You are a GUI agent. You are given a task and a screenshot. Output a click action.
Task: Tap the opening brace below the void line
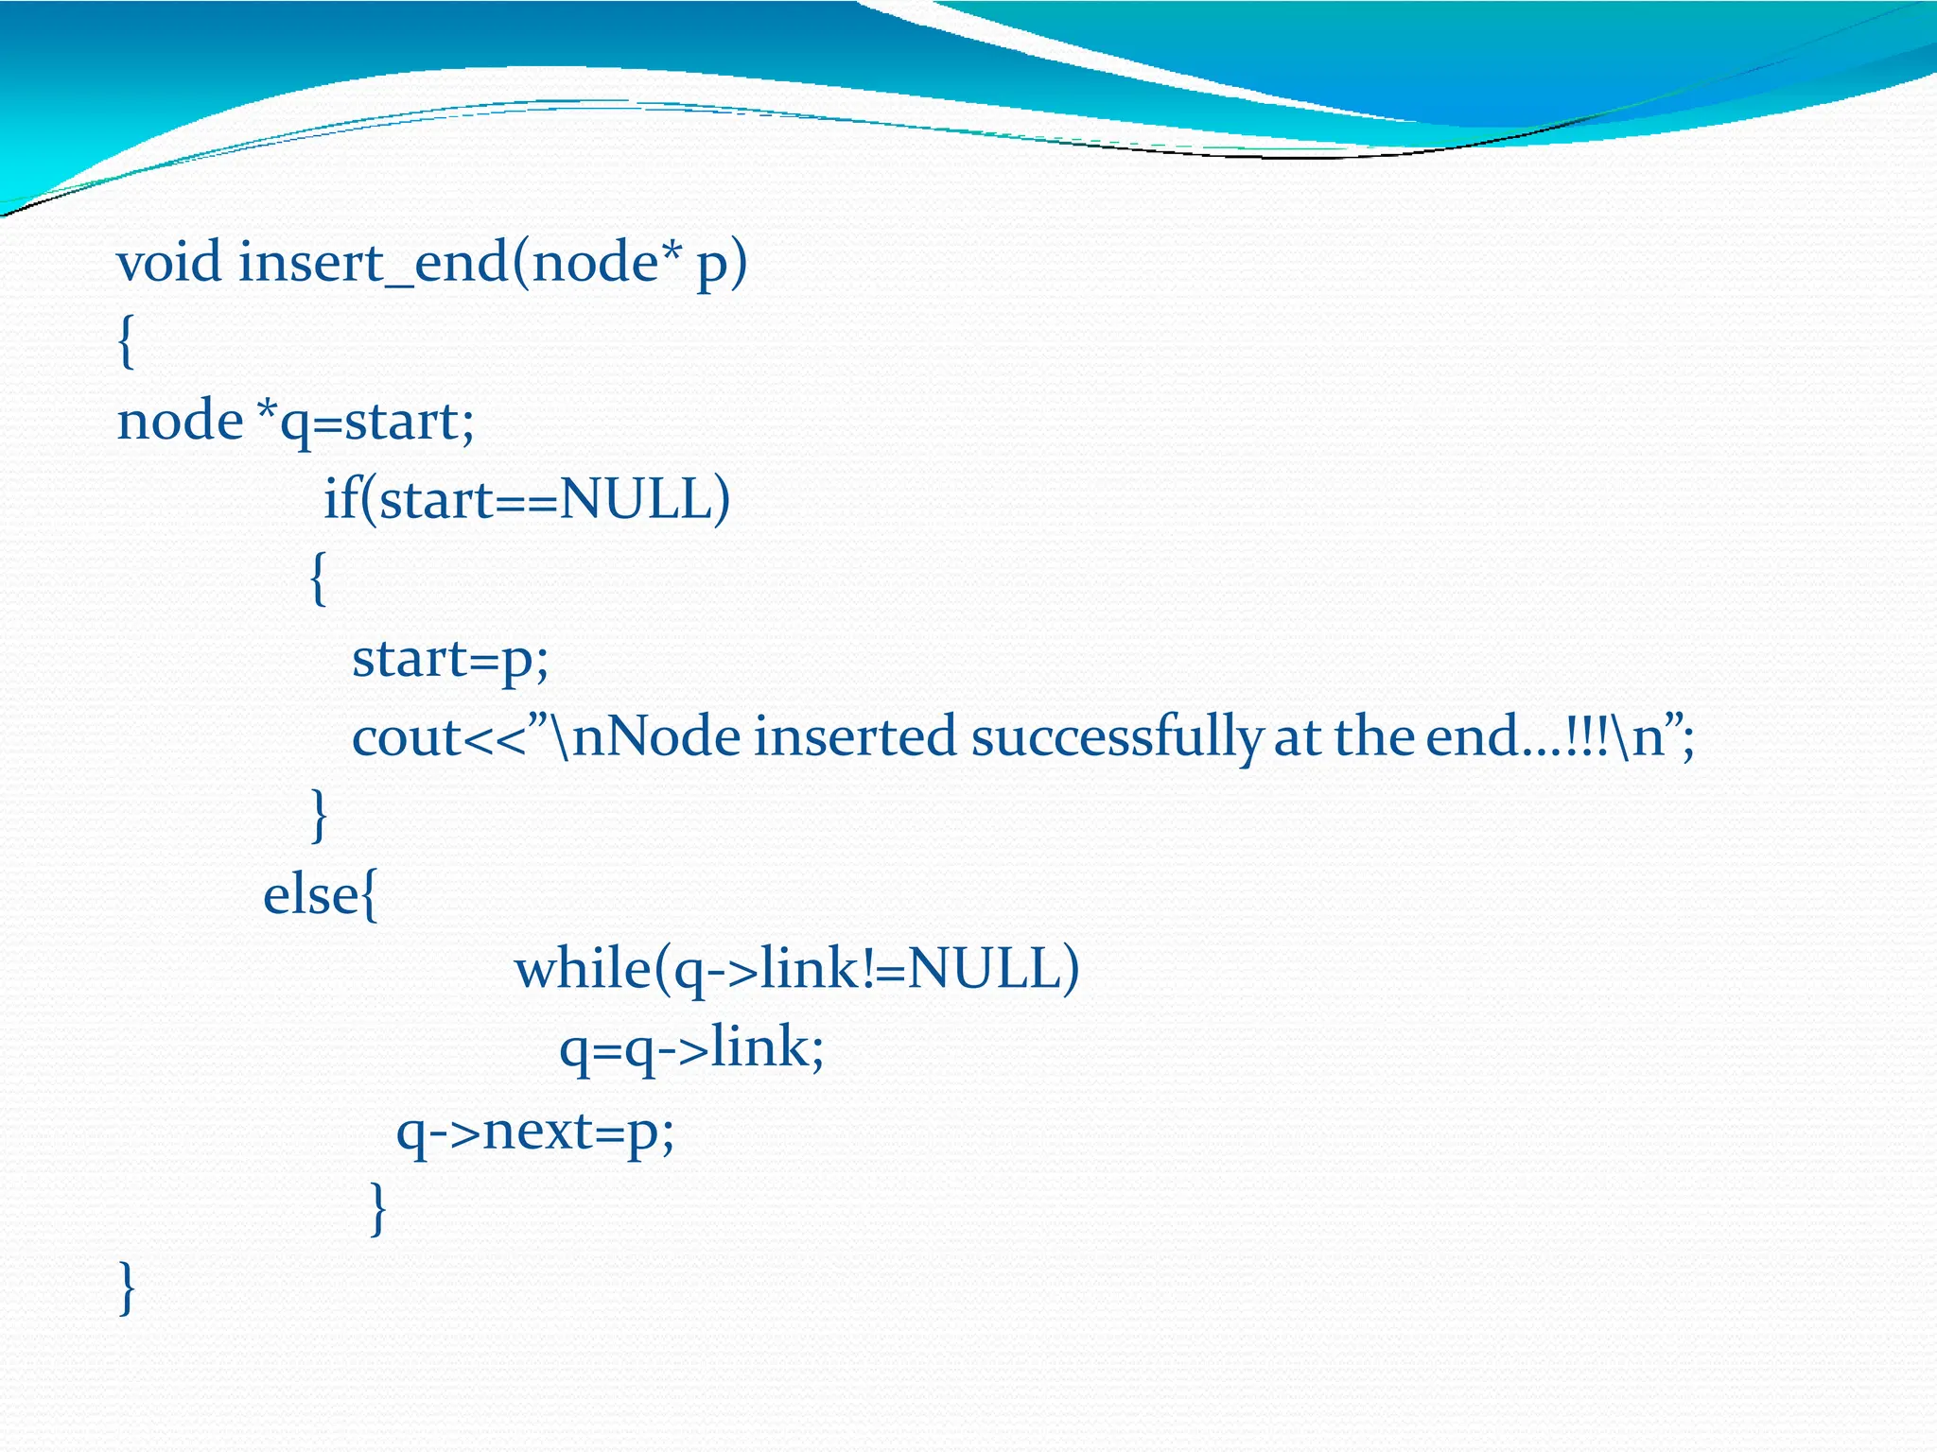126,341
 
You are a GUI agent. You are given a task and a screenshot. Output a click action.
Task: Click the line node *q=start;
295,421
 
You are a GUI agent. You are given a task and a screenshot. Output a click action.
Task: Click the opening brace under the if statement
319,579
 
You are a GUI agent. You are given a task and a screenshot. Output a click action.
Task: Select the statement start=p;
450,658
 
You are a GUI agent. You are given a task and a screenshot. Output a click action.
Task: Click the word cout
406,737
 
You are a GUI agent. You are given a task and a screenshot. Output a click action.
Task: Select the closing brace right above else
319,815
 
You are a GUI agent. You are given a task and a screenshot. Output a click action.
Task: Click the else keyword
310,894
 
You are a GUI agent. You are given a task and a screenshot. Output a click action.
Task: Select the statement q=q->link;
691,1049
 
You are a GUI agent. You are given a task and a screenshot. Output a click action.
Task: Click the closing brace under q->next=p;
377,1208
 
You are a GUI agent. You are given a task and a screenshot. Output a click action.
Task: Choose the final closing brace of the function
127,1288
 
